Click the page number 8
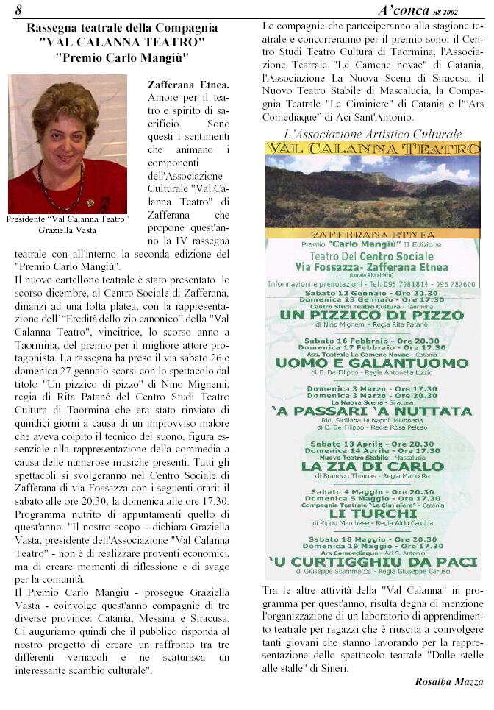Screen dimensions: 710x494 (x=18, y=10)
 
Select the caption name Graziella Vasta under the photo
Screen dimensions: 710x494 (x=67, y=230)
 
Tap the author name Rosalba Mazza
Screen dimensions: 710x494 (x=449, y=681)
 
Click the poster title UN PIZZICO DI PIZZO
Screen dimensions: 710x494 (x=371, y=315)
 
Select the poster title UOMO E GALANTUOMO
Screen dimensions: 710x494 (x=371, y=363)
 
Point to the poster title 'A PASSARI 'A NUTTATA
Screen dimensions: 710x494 (x=371, y=411)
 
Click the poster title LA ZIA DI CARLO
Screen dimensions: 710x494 (x=373, y=466)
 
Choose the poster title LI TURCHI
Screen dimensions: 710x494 (x=371, y=514)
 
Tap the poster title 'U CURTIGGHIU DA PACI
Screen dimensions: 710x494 (x=371, y=562)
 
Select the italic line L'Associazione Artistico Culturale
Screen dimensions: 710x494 (x=373, y=134)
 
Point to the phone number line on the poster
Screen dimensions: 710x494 (x=371, y=285)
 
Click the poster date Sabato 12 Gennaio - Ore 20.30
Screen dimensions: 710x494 (x=371, y=293)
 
